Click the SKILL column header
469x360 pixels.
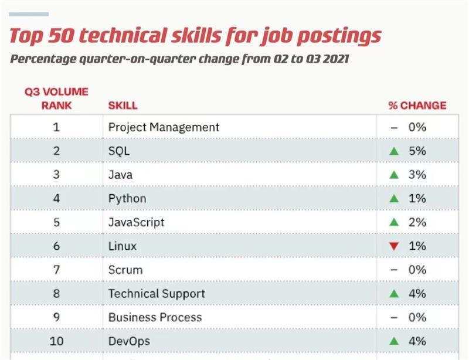click(x=123, y=106)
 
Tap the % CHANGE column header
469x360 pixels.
click(x=417, y=106)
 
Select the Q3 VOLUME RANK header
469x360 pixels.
click(x=56, y=99)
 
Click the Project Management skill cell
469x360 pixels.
click(x=164, y=127)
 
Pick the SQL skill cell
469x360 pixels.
click(x=119, y=151)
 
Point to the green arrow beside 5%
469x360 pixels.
click(x=394, y=151)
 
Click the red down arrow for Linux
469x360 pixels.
click(x=394, y=246)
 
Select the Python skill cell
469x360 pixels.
click(x=127, y=198)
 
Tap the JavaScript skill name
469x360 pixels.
click(x=136, y=222)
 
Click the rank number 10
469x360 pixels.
click(x=57, y=341)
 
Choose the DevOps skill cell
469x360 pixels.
click(x=129, y=341)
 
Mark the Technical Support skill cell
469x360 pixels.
click(x=157, y=294)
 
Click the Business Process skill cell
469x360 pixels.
click(x=155, y=317)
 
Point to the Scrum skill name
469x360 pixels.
click(x=125, y=270)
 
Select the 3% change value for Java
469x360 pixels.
click(x=417, y=175)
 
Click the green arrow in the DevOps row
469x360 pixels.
click(x=394, y=341)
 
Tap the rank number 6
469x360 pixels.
click(x=57, y=246)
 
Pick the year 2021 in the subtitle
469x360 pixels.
click(x=335, y=59)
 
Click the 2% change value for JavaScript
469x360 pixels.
click(x=417, y=222)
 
